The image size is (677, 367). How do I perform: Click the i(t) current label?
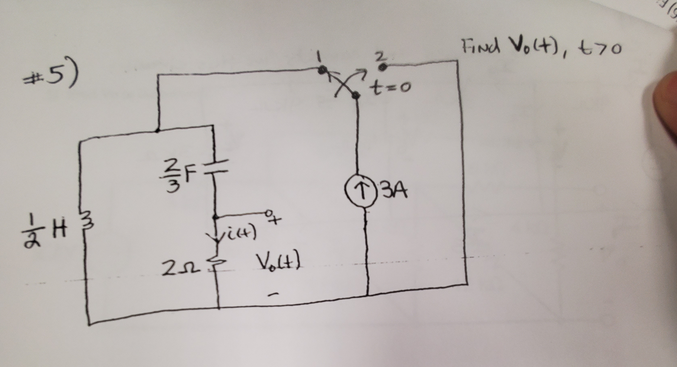point(240,233)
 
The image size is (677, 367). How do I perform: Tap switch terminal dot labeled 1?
point(321,70)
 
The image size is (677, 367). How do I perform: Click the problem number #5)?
point(53,76)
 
